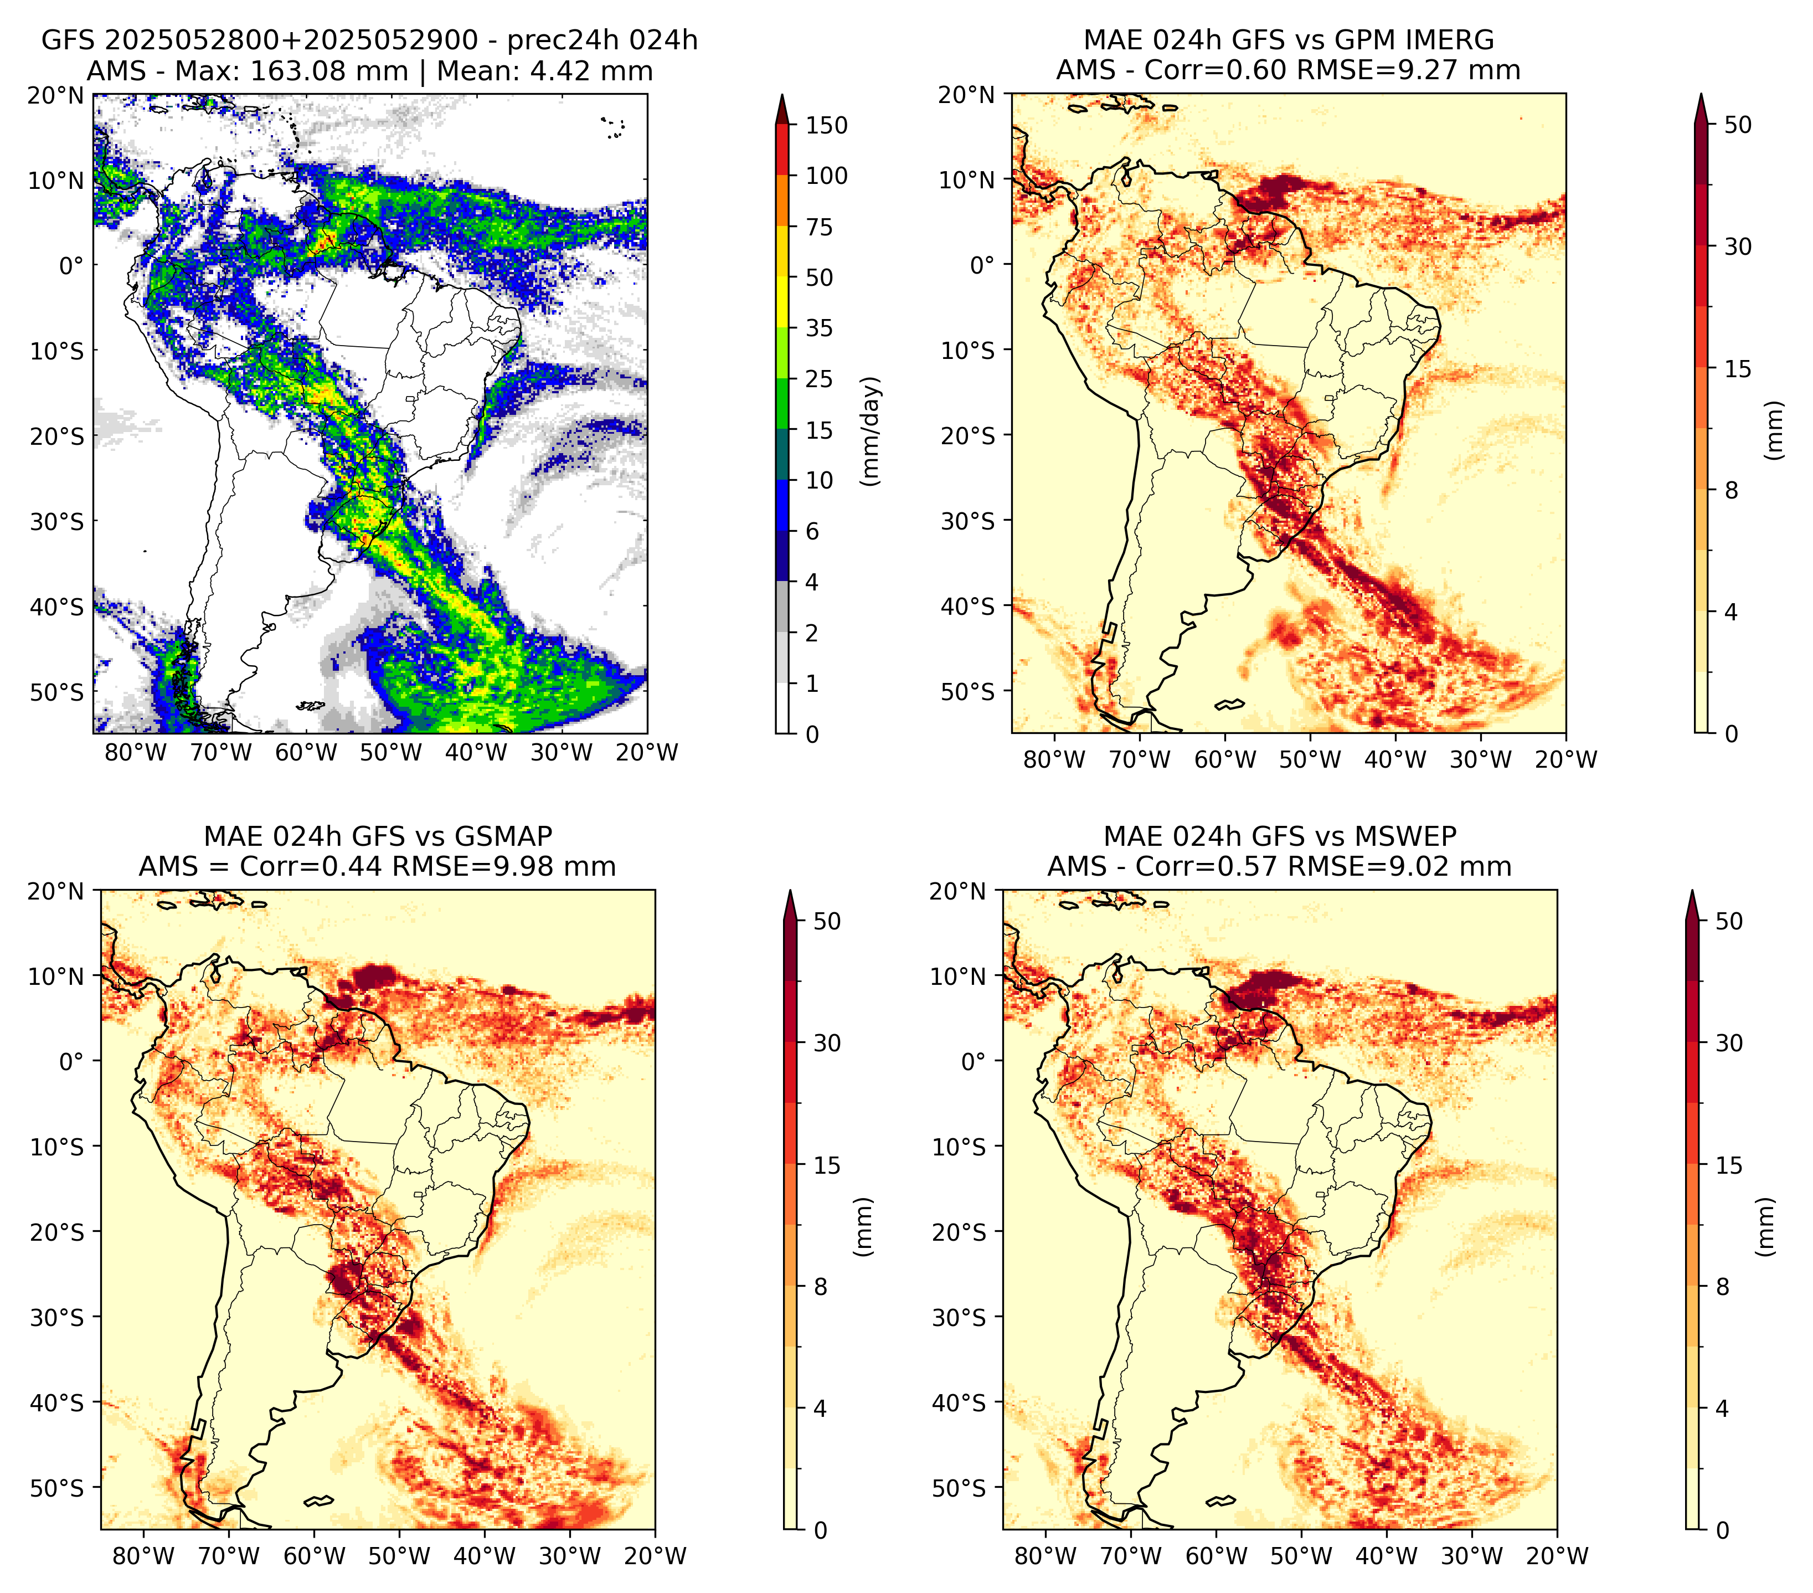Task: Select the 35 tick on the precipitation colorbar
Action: click(x=820, y=328)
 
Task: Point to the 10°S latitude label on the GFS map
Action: click(x=57, y=351)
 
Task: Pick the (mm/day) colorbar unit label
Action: click(x=872, y=431)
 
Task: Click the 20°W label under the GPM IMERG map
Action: click(x=1565, y=760)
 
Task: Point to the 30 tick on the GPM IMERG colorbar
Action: click(x=1738, y=246)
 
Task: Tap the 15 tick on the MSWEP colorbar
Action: click(x=1729, y=1165)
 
